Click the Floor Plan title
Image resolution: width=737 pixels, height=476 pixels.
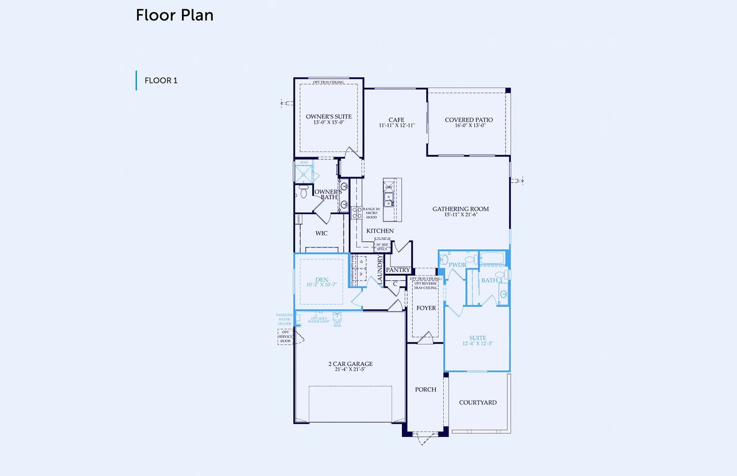174,16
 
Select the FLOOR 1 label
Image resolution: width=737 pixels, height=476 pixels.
161,81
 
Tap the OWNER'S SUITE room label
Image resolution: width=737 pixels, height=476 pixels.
328,117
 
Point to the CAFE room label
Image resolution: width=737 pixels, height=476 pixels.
396,120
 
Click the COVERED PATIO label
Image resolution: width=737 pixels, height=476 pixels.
469,120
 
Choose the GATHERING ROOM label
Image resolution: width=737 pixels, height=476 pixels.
461,209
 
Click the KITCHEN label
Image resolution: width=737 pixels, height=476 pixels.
380,231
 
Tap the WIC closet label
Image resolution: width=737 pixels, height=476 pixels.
321,233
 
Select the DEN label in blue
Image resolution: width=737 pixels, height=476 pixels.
321,280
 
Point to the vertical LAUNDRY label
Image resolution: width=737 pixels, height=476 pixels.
380,269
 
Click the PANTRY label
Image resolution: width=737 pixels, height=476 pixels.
398,270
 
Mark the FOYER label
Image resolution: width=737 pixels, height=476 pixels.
426,308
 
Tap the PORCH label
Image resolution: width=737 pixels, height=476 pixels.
426,390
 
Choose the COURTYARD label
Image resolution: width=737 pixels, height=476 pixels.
477,402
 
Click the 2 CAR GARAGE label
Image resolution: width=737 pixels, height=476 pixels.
350,364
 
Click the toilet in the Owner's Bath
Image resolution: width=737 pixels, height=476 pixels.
303,191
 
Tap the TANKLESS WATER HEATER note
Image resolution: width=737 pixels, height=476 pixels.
284,319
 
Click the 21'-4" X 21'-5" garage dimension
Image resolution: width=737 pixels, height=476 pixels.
350,370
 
